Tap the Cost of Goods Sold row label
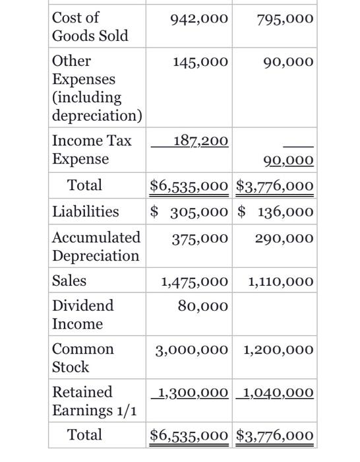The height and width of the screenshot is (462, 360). click(90, 26)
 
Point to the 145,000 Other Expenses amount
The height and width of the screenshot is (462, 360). click(200, 63)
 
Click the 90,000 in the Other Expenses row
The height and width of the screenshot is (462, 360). click(288, 63)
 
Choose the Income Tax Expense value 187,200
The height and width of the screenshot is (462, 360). click(200, 141)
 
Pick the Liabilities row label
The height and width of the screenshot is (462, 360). click(86, 211)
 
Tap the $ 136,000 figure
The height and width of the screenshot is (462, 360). click(275, 211)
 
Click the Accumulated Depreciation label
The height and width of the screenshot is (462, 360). click(96, 246)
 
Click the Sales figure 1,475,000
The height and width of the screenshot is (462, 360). click(195, 282)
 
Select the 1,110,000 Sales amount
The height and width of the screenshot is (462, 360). click(281, 282)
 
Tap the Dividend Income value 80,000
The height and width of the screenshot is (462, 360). click(203, 306)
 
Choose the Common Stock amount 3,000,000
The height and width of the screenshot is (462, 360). click(192, 350)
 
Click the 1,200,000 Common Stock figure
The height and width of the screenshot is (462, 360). click(279, 350)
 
